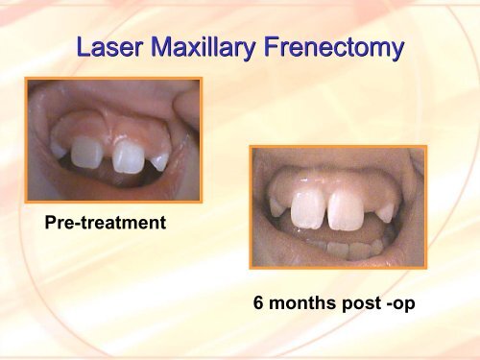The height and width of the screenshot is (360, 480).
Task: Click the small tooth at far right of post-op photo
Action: coord(385,210)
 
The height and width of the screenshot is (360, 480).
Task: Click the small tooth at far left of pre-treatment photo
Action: coord(59,151)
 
